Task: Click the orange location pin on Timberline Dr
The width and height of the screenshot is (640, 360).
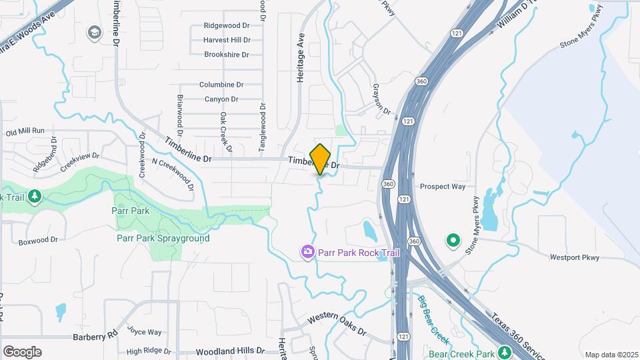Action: (321, 159)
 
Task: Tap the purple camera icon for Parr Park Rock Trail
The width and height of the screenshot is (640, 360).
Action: (308, 251)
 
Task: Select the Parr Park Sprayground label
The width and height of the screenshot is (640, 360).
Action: (163, 238)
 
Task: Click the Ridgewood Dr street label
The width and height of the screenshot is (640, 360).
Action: (227, 26)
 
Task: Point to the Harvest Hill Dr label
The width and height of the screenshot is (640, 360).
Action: (227, 40)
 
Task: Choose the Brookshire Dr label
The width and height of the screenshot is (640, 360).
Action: (227, 55)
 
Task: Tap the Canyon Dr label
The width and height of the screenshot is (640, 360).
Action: (221, 99)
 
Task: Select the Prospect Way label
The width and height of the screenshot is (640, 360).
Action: (443, 187)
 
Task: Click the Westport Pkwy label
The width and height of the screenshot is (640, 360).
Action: (575, 257)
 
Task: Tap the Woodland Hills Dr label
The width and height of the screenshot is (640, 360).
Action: (231, 351)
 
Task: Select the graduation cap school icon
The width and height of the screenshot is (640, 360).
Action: (94, 32)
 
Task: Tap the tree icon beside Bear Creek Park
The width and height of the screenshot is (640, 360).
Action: (505, 352)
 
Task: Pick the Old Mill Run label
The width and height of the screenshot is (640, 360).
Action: (25, 133)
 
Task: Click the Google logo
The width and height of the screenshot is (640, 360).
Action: (22, 351)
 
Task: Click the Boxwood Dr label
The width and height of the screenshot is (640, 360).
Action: (39, 240)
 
